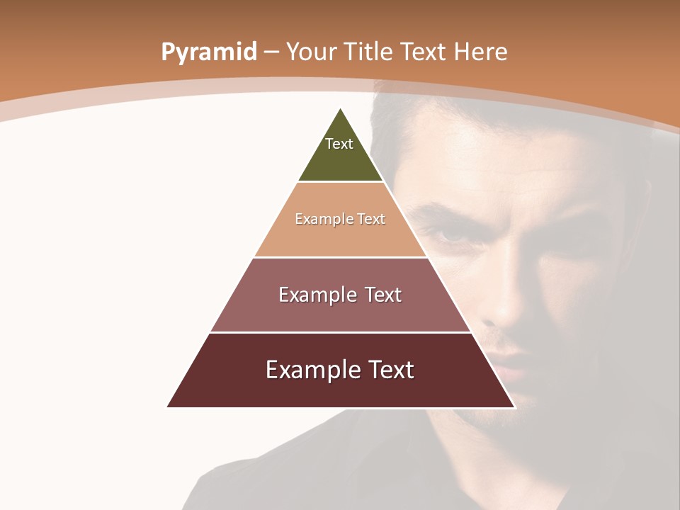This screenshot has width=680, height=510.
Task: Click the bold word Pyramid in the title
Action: pos(208,52)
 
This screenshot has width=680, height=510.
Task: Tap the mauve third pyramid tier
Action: pos(341,312)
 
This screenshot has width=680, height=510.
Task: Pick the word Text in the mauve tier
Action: pos(380,295)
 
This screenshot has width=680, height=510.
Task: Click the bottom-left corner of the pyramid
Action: pos(168,407)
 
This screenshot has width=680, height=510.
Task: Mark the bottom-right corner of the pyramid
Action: pos(514,407)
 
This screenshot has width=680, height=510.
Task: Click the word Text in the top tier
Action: pos(339,144)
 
